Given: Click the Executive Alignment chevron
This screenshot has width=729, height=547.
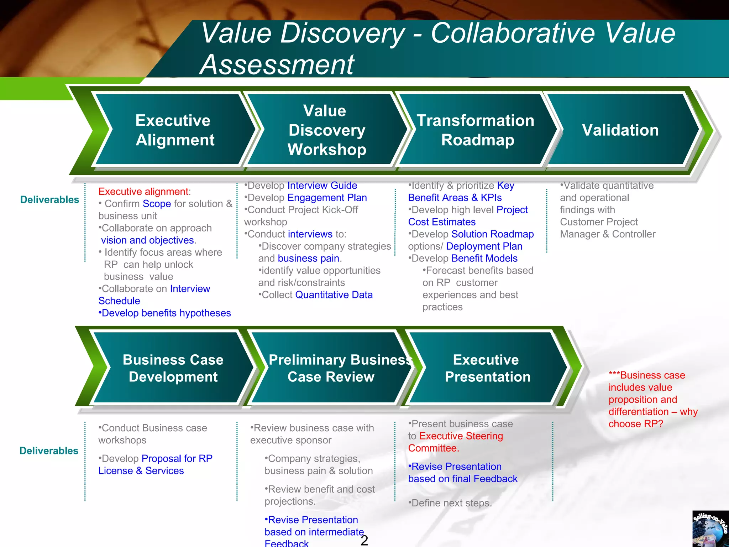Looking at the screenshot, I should [x=174, y=130].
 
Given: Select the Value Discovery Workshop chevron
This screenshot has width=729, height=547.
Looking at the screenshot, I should [x=326, y=130].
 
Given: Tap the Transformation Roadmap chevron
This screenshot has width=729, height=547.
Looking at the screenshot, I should [x=476, y=130].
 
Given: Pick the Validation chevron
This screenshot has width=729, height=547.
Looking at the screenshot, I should [x=620, y=130].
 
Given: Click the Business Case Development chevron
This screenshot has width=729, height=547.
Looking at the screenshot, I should [x=173, y=368].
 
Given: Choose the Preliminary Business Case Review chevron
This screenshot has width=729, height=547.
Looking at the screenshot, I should [x=331, y=368].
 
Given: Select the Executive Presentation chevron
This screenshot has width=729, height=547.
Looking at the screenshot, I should [x=487, y=368].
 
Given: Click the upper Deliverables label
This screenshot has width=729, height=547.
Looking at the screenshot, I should [x=49, y=199].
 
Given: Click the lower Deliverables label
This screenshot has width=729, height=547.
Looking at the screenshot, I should [x=49, y=450].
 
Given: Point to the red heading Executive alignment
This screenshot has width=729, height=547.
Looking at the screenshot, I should [x=143, y=192].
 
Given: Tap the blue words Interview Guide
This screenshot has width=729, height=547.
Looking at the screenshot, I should [x=322, y=186].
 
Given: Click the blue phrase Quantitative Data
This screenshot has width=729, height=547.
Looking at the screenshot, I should [x=334, y=295].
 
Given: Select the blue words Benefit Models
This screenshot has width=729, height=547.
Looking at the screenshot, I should [x=484, y=258].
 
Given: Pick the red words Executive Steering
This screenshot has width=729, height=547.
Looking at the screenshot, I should [x=461, y=436].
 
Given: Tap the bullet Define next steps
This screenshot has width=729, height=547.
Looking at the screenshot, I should [x=450, y=503].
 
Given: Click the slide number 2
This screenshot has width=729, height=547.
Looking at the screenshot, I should [x=364, y=540].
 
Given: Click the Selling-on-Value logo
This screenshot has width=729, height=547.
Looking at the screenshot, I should [x=710, y=528].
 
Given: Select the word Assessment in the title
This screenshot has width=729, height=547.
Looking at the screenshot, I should [x=277, y=64].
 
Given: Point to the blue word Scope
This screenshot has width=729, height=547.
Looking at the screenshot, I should [x=157, y=204].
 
